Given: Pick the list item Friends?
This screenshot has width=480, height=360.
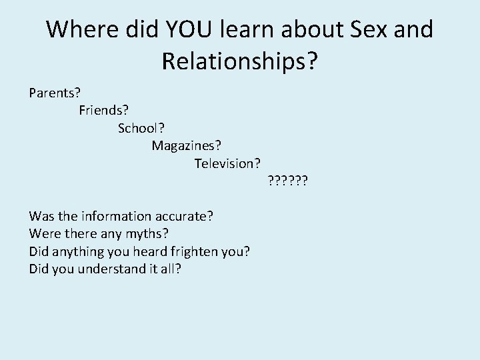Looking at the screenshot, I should pyautogui.click(x=103, y=110).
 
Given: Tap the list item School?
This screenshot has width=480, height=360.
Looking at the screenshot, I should pyautogui.click(x=141, y=127).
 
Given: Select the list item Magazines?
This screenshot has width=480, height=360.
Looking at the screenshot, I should pyautogui.click(x=186, y=145).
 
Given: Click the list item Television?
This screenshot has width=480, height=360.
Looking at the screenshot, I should pyautogui.click(x=227, y=163).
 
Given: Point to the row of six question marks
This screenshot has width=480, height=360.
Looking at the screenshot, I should pyautogui.click(x=287, y=180).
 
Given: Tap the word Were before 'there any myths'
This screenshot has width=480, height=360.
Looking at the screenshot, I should pyautogui.click(x=43, y=234).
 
